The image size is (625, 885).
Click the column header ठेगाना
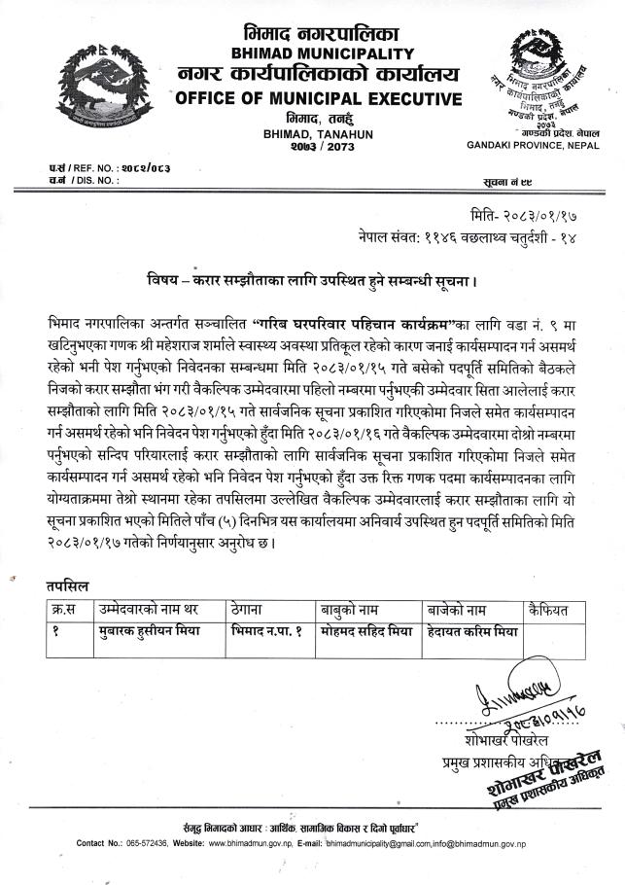253,609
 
